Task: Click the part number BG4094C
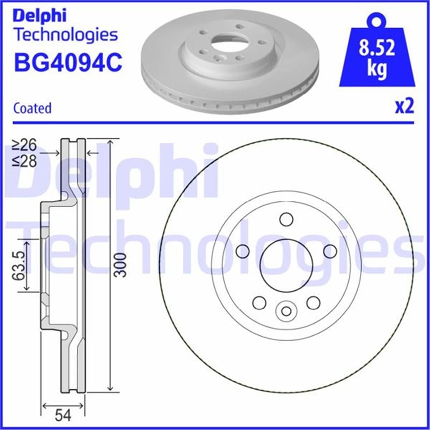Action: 68,62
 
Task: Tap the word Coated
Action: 32,108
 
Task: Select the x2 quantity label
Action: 404,106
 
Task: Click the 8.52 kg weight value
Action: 377,57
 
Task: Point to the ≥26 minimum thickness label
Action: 25,145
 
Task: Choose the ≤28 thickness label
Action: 25,161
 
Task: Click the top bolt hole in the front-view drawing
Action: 286,219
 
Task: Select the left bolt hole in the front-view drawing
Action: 243,251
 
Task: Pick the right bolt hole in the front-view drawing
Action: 330,251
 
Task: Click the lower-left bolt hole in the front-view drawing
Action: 259,303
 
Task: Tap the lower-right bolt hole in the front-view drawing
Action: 313,303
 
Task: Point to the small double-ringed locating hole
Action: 286,311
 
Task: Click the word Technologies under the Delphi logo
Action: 66,35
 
